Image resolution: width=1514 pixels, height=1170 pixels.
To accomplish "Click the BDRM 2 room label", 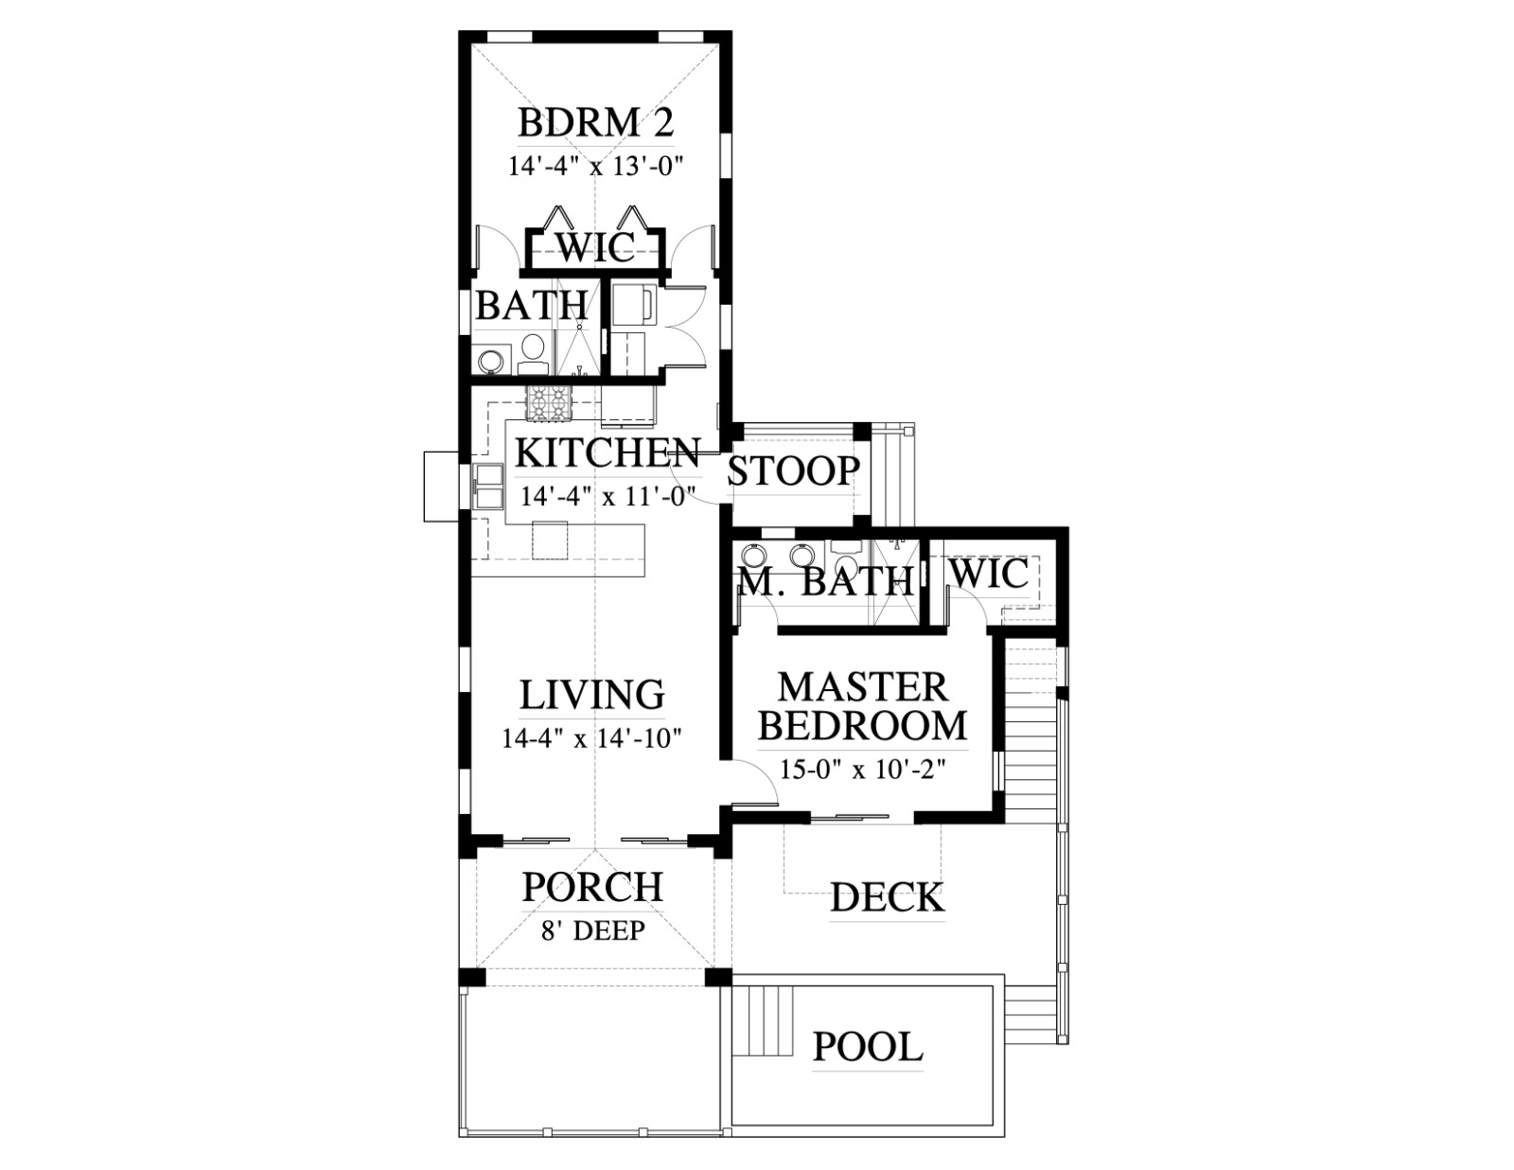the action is [596, 123].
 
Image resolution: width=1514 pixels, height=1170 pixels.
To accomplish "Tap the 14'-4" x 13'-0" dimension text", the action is [594, 167].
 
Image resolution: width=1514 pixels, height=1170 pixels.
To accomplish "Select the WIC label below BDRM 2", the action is [595, 246].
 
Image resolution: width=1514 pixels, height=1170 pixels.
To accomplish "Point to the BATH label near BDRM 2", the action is [532, 305].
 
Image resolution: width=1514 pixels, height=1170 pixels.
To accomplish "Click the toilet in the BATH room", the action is [533, 355].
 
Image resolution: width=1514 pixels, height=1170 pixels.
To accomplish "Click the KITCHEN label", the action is [607, 452].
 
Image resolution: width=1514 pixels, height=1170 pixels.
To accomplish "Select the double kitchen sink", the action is [488, 486].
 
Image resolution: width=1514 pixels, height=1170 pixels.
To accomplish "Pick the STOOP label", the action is [793, 471].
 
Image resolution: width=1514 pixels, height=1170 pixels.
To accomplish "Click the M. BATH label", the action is [825, 580].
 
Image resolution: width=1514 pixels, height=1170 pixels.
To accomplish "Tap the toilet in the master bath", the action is [847, 557].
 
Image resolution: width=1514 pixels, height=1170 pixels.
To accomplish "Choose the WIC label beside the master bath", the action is [990, 575].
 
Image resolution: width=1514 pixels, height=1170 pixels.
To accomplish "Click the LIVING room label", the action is [593, 694].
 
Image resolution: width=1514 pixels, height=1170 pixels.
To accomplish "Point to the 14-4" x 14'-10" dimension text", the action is [591, 738].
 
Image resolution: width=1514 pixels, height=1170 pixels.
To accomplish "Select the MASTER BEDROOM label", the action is [863, 706].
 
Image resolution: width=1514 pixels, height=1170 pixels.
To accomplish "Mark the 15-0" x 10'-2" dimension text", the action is [863, 770].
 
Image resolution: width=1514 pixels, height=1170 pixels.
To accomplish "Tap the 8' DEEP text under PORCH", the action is [593, 931].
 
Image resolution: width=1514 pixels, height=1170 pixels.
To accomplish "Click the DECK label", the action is [888, 897].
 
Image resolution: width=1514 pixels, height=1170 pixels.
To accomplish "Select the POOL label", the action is [868, 1047].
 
